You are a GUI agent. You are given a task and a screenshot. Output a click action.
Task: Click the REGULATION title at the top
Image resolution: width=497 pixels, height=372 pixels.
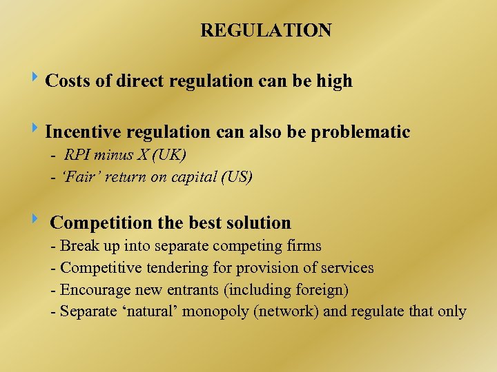(266, 30)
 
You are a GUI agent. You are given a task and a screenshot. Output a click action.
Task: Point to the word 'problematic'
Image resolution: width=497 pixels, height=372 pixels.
(360, 132)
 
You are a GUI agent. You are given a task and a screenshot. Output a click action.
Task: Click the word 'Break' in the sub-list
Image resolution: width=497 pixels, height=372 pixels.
(79, 246)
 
